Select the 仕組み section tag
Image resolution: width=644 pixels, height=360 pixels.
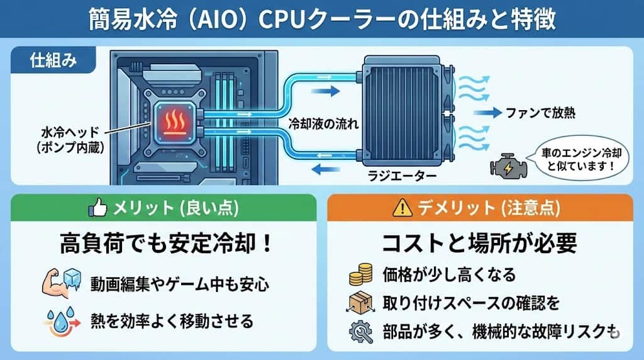tap(53, 60)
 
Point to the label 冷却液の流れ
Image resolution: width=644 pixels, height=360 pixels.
tap(323, 124)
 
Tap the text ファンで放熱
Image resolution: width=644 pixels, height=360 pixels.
tap(540, 113)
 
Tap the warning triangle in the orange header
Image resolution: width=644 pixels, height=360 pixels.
tap(400, 207)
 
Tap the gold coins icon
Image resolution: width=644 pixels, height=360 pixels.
tap(360, 275)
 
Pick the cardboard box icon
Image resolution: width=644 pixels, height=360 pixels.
tap(360, 303)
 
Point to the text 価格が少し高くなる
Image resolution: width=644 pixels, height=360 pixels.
tap(449, 275)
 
